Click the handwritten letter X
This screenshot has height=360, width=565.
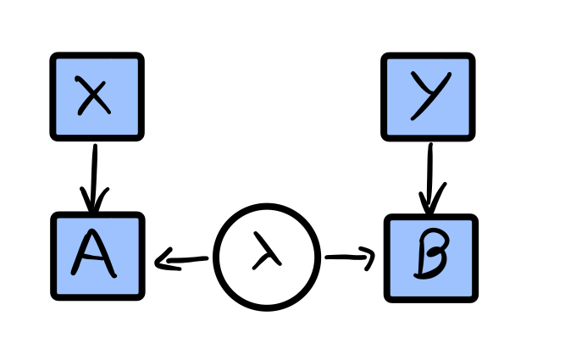click(x=93, y=96)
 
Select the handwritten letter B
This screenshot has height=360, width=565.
click(x=432, y=258)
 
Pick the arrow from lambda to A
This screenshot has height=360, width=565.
click(x=182, y=260)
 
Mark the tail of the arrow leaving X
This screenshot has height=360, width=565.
click(x=94, y=148)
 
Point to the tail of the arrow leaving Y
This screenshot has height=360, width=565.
click(x=430, y=147)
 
